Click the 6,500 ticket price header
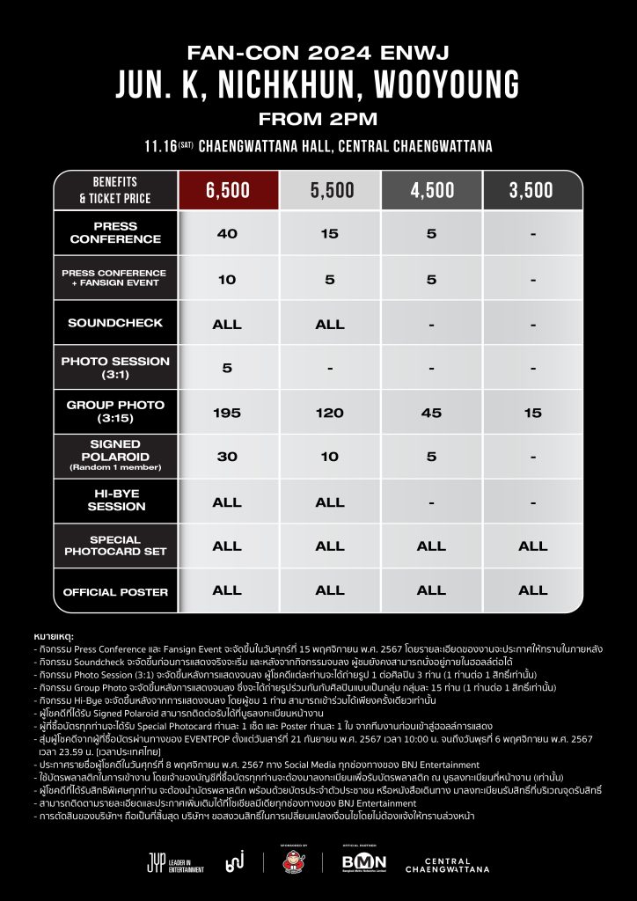pos(227,191)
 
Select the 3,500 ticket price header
pos(532,191)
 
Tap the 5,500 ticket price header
pos(330,191)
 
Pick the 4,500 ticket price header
pos(431,191)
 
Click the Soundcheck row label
pos(115,323)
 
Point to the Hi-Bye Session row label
pos(115,501)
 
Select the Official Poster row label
pos(115,592)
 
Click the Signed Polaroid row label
pos(115,455)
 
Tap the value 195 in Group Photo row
pos(227,412)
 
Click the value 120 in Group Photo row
pos(330,412)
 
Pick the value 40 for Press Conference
pos(227,233)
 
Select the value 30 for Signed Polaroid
pos(227,456)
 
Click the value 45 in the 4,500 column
pos(431,412)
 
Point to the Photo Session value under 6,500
pos(227,367)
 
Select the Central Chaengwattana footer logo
pos(447,861)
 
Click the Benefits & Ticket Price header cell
pos(115,191)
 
